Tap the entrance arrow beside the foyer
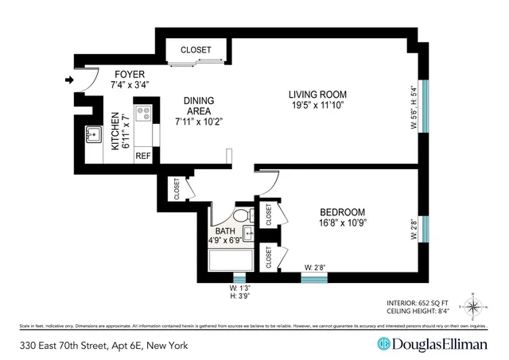[70, 79]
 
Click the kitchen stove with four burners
[143, 116]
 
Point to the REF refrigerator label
[143, 156]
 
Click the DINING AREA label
[198, 102]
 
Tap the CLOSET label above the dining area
[196, 49]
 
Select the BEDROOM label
[342, 212]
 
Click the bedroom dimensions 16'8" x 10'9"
[342, 224]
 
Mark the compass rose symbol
[473, 306]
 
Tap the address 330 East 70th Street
[95, 344]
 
